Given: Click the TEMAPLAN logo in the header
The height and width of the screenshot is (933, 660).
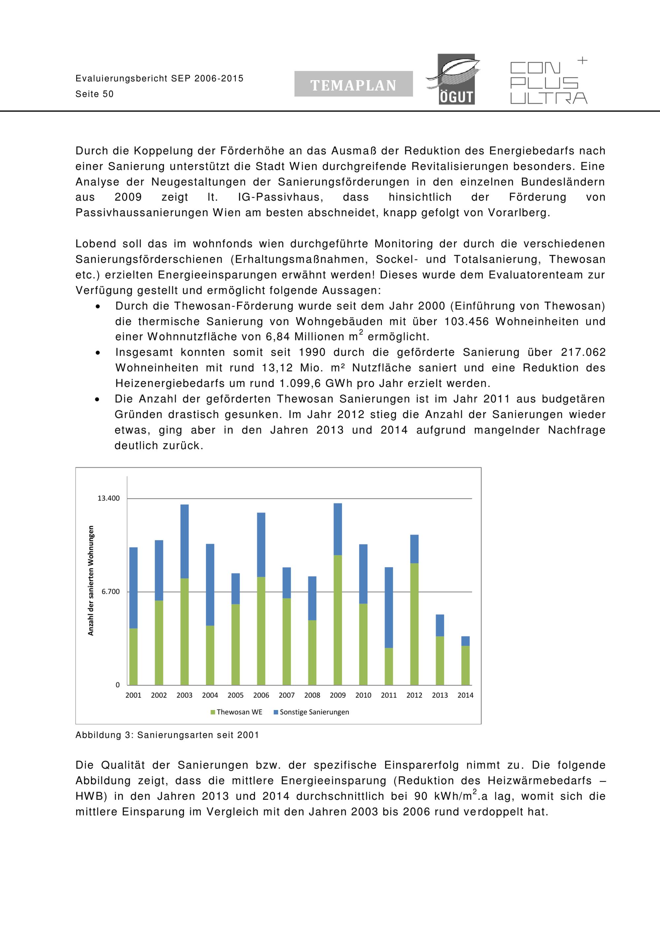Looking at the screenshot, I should tap(353, 84).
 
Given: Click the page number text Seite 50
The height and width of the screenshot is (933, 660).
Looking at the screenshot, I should tap(94, 94).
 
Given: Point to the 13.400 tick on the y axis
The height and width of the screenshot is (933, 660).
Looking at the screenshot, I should tap(109, 498).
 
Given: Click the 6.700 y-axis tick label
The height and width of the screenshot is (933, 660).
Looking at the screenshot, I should tap(111, 592).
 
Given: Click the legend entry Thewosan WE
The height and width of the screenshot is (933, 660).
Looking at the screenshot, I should tap(239, 712).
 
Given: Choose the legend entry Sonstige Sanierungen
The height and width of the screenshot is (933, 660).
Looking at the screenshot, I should tap(314, 712).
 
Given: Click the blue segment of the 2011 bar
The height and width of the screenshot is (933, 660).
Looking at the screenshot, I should tap(389, 607).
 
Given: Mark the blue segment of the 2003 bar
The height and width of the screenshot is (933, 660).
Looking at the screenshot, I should tap(184, 541).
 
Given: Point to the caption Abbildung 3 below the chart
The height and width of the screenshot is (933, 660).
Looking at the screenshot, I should tap(167, 735).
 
